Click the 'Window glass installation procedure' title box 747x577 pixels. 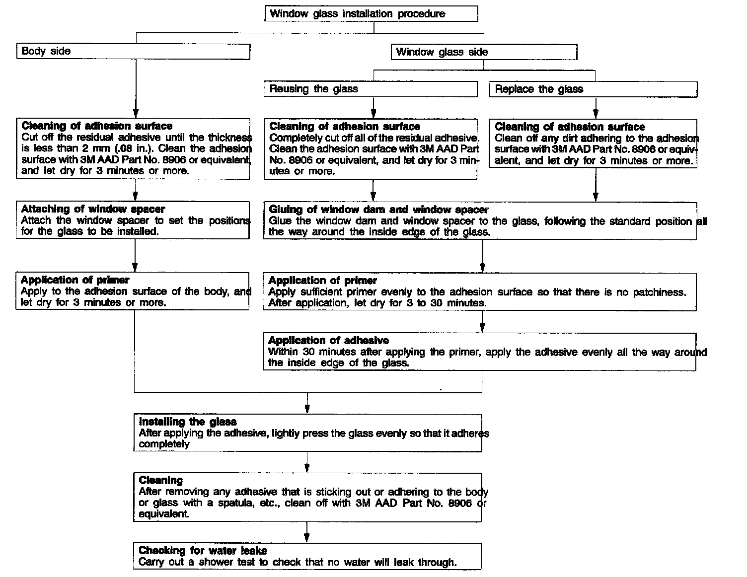(371, 13)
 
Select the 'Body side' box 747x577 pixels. (133, 51)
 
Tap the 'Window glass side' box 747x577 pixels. (484, 52)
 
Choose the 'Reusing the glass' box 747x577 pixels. (370, 89)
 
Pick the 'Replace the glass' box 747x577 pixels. (593, 89)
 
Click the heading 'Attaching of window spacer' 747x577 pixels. (93, 209)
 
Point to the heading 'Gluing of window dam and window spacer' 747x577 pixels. (378, 210)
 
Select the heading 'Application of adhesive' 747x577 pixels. (328, 341)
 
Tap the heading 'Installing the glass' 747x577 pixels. (188, 422)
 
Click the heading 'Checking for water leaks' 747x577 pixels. (203, 551)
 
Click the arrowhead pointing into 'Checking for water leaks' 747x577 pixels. (307, 538)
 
